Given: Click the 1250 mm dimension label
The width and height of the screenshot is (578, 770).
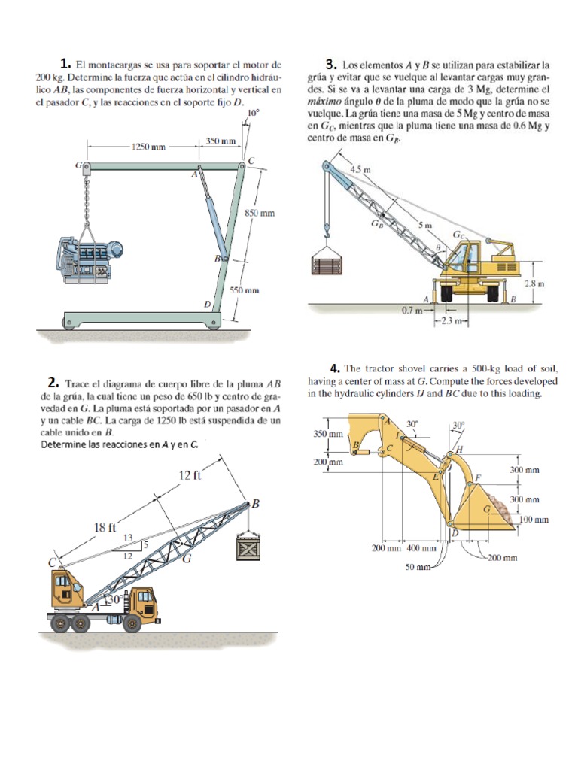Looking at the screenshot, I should [148, 146].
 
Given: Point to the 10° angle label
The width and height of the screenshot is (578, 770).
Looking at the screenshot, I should [253, 114].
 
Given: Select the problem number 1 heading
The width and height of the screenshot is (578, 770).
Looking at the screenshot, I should [66, 62].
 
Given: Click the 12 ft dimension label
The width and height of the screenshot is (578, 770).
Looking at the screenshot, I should [190, 475].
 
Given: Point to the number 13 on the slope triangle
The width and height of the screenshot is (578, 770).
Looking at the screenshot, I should [127, 537].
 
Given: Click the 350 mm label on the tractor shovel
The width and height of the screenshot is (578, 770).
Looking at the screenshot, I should [327, 434].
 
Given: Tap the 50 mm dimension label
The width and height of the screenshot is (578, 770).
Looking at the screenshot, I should [418, 566].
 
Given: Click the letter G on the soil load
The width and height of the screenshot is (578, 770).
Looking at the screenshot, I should [486, 510].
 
